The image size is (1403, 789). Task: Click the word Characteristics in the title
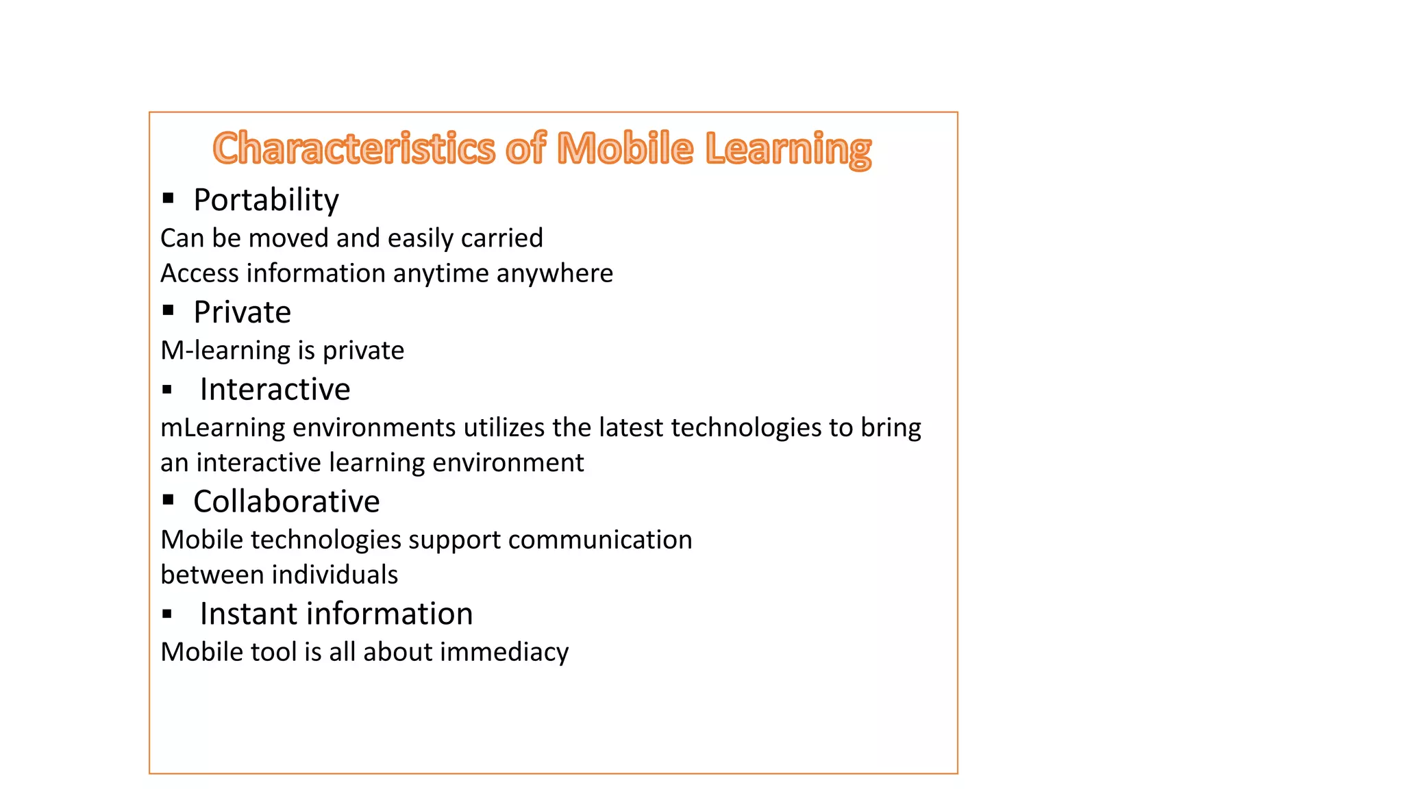tap(353, 149)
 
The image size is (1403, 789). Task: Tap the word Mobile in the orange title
tap(625, 149)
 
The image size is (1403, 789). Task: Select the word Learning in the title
tap(788, 150)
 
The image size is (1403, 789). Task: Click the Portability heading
tap(266, 200)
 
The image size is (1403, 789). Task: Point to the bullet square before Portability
tap(169, 199)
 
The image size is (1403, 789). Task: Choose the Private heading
tap(242, 312)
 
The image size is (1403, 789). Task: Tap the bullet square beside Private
tap(169, 311)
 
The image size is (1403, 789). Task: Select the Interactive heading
tap(275, 390)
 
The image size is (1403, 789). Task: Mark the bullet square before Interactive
tap(167, 390)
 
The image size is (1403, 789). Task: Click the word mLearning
tap(223, 428)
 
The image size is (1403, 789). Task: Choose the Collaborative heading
tap(286, 501)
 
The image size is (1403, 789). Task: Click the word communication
tap(599, 540)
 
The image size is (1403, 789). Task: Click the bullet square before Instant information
tap(167, 614)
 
